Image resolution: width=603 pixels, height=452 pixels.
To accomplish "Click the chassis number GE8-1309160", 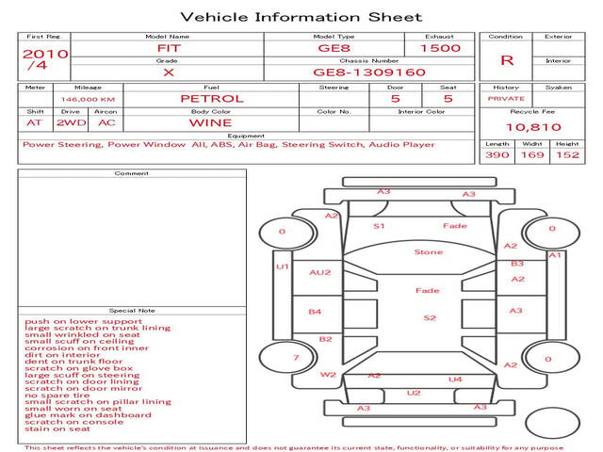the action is [x=369, y=73].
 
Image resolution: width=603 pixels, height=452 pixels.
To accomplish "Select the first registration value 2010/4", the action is [x=45, y=59].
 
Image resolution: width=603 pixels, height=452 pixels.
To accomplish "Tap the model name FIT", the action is [x=169, y=48].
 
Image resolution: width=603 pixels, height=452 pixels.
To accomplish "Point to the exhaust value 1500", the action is [x=440, y=48].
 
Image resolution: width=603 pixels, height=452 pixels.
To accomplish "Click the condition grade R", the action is [x=507, y=60].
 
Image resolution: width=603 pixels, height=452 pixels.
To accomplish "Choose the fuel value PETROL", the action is [x=212, y=99].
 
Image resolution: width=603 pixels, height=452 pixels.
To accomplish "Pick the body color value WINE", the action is [x=210, y=123].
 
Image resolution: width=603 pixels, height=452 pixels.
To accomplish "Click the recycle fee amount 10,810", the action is [x=533, y=127].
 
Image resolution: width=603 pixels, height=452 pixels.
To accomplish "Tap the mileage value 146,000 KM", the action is [x=88, y=100].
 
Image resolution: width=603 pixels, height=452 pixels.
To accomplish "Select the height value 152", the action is [x=567, y=154].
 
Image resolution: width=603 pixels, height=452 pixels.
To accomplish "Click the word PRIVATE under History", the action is [x=506, y=99].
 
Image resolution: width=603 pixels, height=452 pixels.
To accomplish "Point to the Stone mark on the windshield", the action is [x=429, y=252].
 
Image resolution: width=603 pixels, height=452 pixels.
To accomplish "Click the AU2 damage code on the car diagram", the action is [x=320, y=272].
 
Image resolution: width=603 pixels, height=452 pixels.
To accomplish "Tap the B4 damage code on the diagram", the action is [x=315, y=312].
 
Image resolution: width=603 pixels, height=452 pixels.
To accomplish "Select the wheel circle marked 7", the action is [x=287, y=358].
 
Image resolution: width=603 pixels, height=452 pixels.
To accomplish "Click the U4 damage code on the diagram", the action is [x=455, y=379].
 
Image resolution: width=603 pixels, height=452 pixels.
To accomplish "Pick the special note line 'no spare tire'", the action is [x=57, y=395].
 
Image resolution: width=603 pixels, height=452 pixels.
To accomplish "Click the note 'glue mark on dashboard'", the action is [x=88, y=415].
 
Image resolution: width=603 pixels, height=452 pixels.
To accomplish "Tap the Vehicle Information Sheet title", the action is [x=301, y=17].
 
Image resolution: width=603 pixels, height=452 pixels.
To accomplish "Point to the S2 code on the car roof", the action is [x=430, y=318].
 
